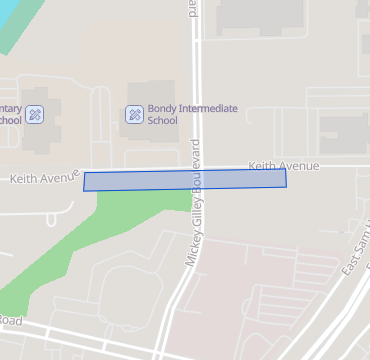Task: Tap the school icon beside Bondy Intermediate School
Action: [x=133, y=114]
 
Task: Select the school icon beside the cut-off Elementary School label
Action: [x=35, y=114]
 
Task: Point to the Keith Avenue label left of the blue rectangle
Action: [x=44, y=179]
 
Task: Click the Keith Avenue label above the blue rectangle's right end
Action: [x=283, y=165]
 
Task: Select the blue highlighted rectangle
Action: [x=185, y=180]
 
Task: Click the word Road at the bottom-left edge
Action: [x=10, y=320]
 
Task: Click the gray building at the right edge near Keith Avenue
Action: [x=345, y=133]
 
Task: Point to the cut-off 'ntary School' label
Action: [x=10, y=114]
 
